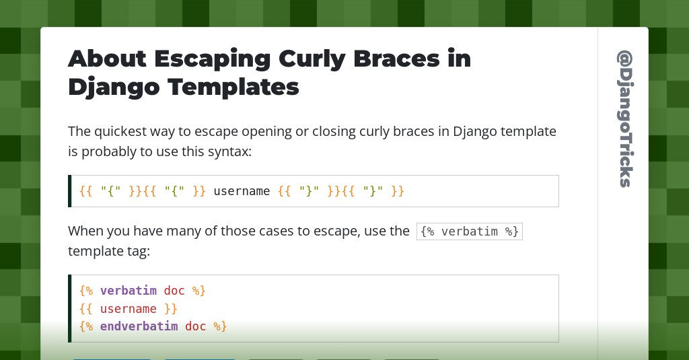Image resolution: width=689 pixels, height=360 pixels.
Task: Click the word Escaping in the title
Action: [212, 60]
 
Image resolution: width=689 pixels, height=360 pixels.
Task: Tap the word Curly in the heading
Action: [312, 60]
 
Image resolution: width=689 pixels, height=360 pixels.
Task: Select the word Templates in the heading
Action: [233, 87]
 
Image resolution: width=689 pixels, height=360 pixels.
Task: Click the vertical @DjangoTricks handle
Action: [625, 118]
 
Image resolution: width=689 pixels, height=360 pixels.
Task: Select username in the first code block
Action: [242, 191]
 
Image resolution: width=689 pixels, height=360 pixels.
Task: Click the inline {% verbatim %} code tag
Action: [469, 231]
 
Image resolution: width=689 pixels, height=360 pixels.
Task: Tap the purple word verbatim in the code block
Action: [129, 291]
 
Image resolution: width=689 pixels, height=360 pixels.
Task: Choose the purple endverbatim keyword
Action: [139, 326]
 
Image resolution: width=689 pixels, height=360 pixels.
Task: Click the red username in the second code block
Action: [129, 309]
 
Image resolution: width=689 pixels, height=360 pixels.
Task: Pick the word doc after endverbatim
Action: [196, 326]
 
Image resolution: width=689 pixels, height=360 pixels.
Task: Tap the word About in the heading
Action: [107, 59]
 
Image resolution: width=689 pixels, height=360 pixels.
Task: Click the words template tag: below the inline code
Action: [109, 252]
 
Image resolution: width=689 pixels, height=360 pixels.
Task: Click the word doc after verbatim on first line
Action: [174, 291]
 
